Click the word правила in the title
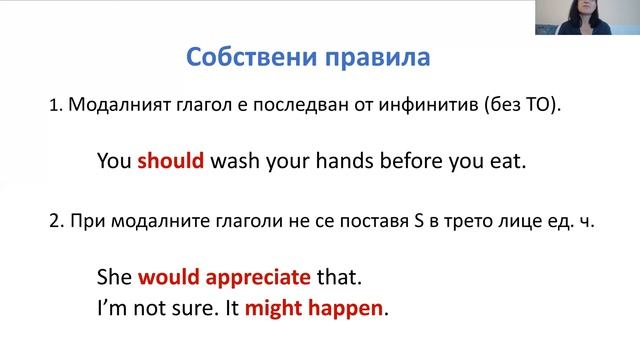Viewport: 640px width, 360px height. (x=379, y=56)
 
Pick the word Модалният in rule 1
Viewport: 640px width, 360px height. (x=111, y=107)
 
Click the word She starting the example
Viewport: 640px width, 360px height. (x=115, y=275)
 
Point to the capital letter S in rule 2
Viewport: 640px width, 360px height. (x=404, y=223)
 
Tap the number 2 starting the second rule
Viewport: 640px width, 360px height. (x=53, y=223)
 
